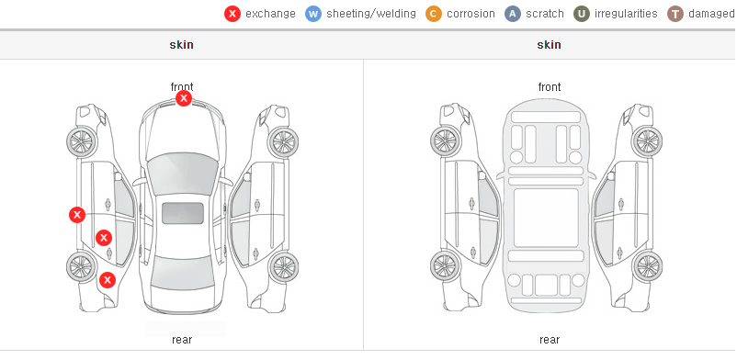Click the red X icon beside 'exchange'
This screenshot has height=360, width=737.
click(x=232, y=14)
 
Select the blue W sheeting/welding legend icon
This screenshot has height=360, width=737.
click(x=313, y=14)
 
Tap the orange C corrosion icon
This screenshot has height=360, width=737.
click(x=434, y=14)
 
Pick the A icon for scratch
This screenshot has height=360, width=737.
click(x=513, y=14)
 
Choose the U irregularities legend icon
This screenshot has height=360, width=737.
click(x=582, y=14)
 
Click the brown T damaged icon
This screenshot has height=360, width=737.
click(x=675, y=14)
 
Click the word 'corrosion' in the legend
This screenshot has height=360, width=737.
click(x=471, y=14)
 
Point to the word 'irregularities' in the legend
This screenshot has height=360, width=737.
click(x=626, y=14)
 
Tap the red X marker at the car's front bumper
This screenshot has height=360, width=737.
click(x=184, y=98)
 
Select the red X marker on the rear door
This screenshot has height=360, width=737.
click(x=104, y=238)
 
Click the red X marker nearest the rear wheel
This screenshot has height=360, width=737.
click(x=108, y=280)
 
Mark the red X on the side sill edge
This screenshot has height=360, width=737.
click(x=77, y=215)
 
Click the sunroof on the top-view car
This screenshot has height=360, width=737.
click(x=183, y=213)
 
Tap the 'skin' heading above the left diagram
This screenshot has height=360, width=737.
click(x=181, y=45)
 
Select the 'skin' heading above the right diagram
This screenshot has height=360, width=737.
click(x=549, y=45)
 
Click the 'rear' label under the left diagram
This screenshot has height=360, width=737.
click(x=182, y=340)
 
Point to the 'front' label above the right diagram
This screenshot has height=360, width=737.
click(x=550, y=87)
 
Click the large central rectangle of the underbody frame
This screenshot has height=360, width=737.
click(x=546, y=218)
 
